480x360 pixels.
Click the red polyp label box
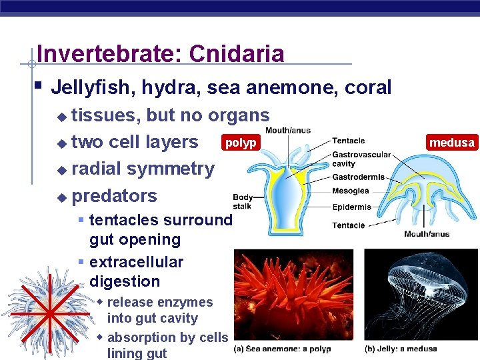[240, 143]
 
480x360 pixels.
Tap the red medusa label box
[452, 143]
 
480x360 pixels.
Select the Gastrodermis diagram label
[359, 177]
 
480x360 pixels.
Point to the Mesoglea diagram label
[351, 191]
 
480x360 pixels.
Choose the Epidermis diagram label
[351, 207]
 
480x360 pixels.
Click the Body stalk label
[243, 201]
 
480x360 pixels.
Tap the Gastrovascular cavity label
[361, 159]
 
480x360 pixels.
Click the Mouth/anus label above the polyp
[287, 131]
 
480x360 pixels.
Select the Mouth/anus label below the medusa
[427, 234]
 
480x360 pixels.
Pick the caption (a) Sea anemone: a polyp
[282, 349]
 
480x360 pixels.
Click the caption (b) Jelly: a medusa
[401, 349]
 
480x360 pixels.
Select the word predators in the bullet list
[114, 196]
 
